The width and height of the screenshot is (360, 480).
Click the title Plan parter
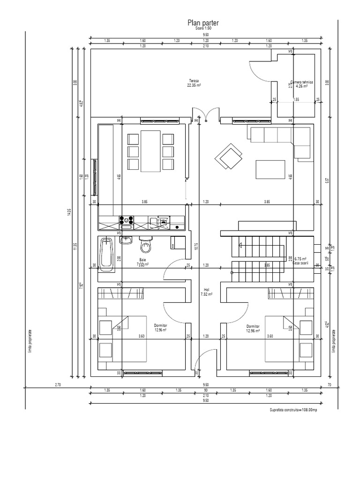(203, 22)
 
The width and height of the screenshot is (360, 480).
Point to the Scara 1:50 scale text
(203, 29)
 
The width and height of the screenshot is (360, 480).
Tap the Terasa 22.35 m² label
(194, 83)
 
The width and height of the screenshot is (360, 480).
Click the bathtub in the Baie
(106, 254)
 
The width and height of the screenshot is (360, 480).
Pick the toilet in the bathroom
(146, 244)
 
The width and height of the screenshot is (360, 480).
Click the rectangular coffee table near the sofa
(270, 169)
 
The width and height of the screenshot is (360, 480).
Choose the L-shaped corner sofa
(281, 138)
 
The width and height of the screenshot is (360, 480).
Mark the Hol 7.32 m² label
(206, 292)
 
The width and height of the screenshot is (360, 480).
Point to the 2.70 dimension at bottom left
(58, 384)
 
